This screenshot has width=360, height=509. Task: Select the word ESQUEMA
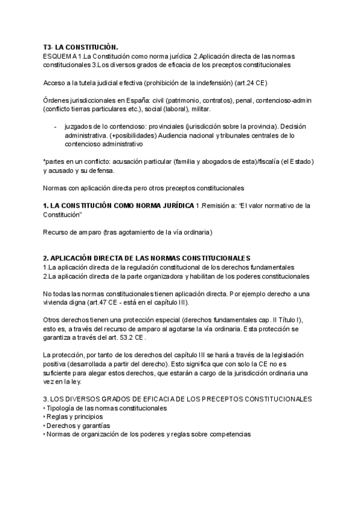click(x=58, y=56)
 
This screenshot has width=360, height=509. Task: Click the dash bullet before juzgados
click(x=55, y=127)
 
